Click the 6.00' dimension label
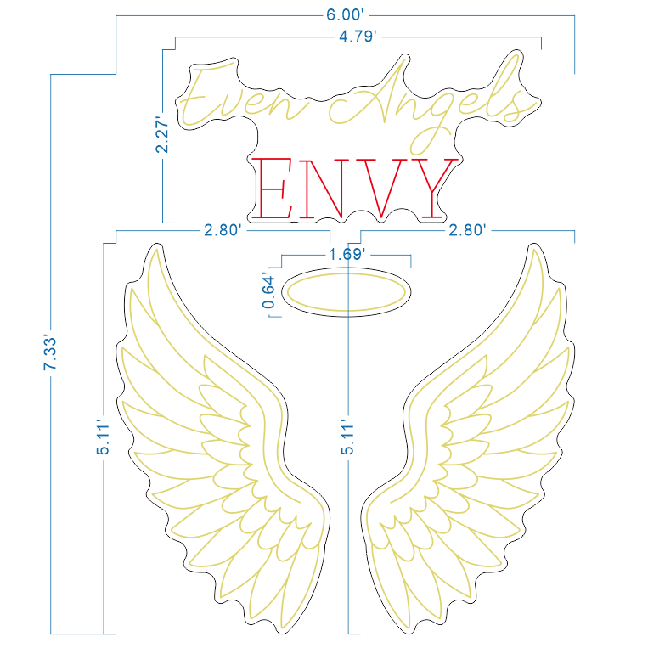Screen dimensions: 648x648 [x=345, y=15]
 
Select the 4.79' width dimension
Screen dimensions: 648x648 [x=358, y=37]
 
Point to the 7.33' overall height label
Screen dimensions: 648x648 [x=50, y=352]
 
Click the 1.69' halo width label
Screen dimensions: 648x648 [x=347, y=254]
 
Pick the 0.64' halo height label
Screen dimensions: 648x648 [x=268, y=291]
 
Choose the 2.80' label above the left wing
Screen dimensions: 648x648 [x=223, y=230]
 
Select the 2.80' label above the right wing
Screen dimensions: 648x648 [x=467, y=230]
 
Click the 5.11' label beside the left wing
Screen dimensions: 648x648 [x=103, y=437]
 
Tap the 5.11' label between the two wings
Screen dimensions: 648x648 [x=347, y=437]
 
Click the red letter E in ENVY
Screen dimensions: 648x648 [x=273, y=188]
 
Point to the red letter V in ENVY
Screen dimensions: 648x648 [x=381, y=188]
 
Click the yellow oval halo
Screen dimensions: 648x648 [x=347, y=273]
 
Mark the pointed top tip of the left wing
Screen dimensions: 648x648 [x=156, y=246]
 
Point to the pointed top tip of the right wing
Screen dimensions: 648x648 [x=534, y=246]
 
